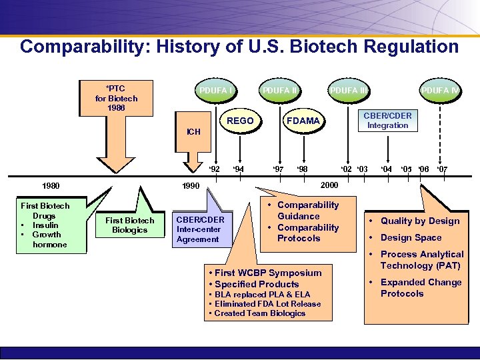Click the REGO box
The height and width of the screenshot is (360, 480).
[240, 121]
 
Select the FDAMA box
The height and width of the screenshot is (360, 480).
[303, 121]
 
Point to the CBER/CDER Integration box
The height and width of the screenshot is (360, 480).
[387, 121]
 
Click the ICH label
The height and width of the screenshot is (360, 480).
[193, 132]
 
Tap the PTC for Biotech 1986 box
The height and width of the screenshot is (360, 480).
[116, 98]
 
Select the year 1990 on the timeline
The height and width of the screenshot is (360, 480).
[190, 185]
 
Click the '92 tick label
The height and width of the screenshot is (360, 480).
[213, 169]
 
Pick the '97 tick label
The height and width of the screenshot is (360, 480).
[278, 169]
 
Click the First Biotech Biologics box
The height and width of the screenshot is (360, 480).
[129, 225]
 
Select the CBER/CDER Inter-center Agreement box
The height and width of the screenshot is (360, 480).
[200, 229]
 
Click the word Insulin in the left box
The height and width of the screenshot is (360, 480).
[45, 225]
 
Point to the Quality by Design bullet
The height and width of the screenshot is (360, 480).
[419, 221]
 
